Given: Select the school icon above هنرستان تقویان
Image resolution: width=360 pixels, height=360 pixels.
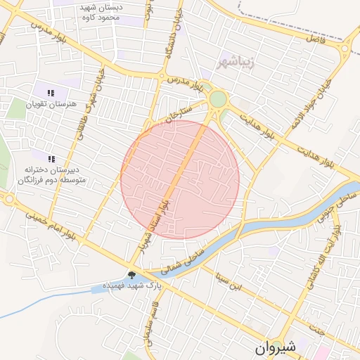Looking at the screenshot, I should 51,93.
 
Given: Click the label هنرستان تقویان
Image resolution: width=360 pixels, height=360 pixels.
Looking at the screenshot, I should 49,104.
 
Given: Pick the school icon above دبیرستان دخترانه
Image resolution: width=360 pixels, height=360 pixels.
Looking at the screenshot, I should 51,158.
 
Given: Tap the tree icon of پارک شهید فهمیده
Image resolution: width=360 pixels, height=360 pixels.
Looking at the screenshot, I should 132,274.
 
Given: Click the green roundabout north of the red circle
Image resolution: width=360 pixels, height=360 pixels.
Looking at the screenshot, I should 218,99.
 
